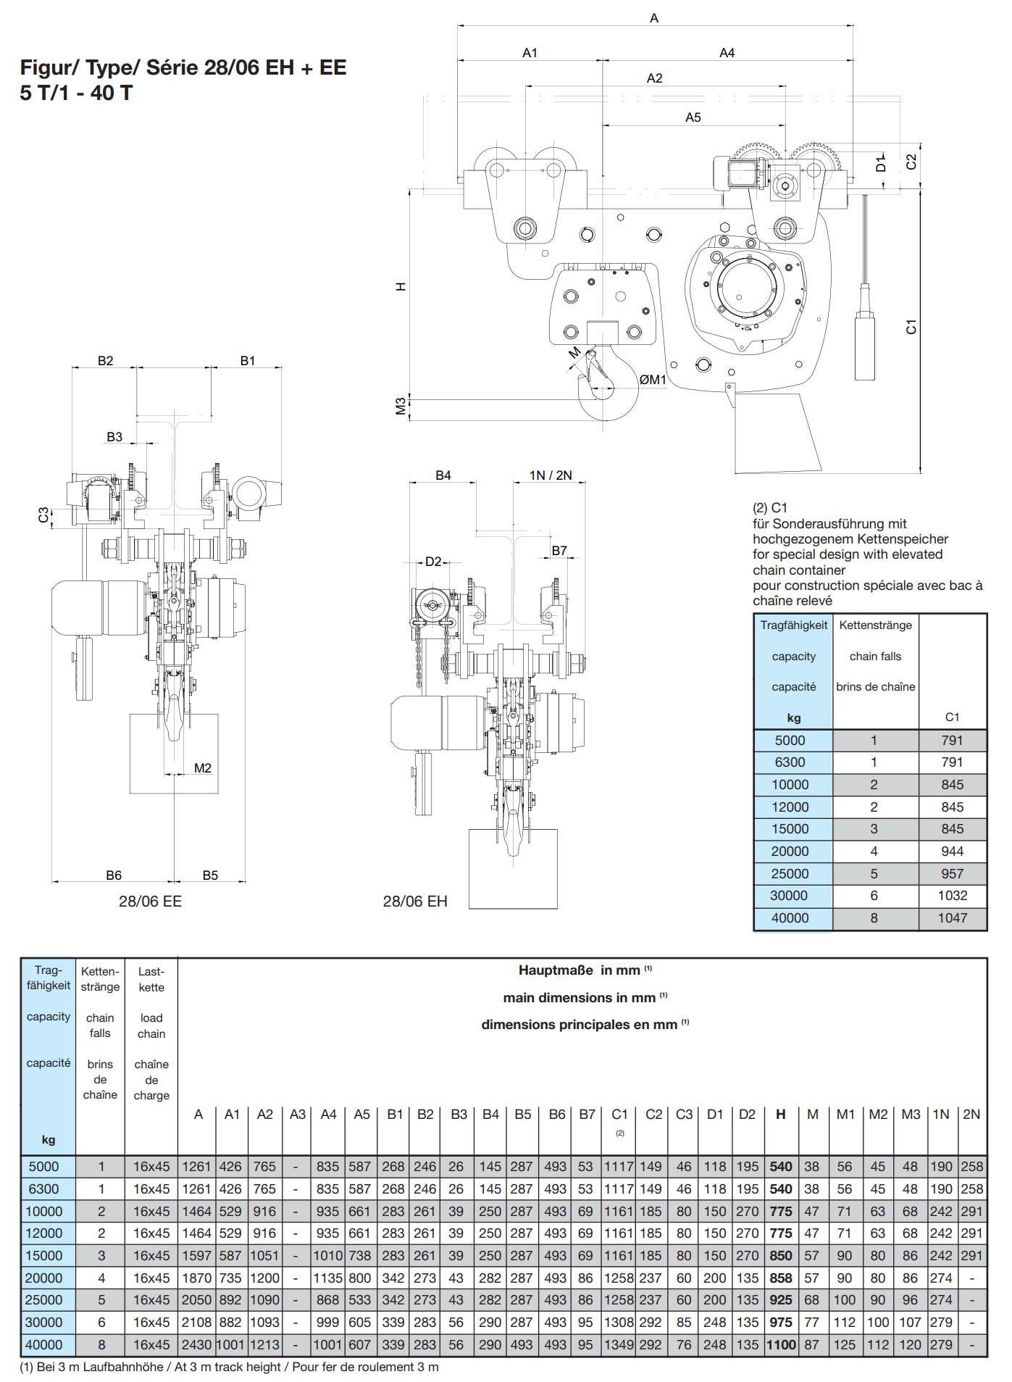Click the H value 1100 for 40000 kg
780,1344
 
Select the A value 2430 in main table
198,1344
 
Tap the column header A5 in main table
361,1115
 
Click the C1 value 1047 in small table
952,918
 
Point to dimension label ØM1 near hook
652,380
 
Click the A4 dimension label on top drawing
727,53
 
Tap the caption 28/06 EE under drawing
150,901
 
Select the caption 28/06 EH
415,901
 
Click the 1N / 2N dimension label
551,475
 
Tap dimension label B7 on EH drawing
559,551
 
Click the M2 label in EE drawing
203,767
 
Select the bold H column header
780,1115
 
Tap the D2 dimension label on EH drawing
432,562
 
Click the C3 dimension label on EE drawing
43,515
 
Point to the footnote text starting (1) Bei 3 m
229,1367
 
